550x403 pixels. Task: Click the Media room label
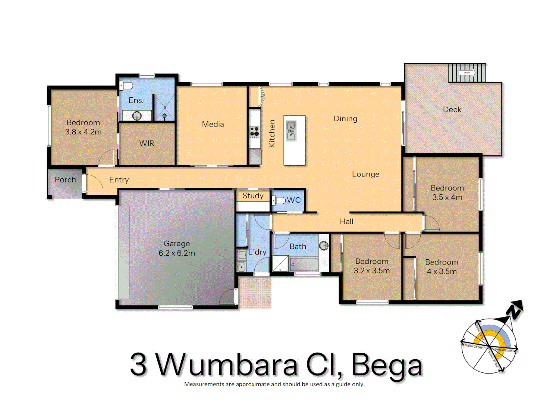[213, 124]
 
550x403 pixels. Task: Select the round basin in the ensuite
[137, 116]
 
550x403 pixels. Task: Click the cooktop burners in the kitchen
[255, 131]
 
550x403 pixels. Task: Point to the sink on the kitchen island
[291, 131]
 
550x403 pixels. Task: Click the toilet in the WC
[279, 200]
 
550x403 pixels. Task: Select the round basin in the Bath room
[324, 246]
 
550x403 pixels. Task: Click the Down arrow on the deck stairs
[467, 73]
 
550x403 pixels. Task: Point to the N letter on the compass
[516, 310]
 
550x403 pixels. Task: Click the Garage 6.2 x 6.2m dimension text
[177, 253]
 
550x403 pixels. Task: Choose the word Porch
[65, 179]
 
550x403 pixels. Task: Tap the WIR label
[147, 143]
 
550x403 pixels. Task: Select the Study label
[253, 196]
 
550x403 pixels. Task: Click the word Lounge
[365, 174]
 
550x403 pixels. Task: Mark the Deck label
[452, 110]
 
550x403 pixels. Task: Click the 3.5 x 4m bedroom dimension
[447, 197]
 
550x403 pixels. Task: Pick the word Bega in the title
[387, 365]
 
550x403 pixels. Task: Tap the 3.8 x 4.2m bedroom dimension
[83, 132]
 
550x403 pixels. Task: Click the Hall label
[346, 222]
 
